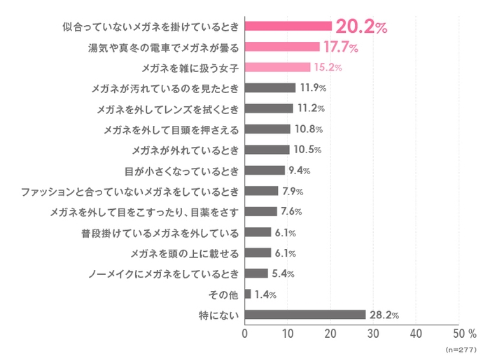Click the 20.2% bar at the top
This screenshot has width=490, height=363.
point(288,27)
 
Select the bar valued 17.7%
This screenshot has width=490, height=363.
point(282,47)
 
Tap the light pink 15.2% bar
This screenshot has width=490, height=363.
point(277,67)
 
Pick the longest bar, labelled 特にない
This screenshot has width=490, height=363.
point(305,315)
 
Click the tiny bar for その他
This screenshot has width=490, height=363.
point(248,294)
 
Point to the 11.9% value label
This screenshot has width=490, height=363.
point(313,88)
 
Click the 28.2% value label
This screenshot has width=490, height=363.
point(384,315)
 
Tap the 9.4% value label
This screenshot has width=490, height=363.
point(300,171)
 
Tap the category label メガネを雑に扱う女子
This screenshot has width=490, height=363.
point(190,68)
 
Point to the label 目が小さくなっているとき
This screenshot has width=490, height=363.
point(181,171)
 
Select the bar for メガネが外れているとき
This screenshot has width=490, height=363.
point(267,150)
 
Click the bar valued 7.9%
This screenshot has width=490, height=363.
point(262,191)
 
